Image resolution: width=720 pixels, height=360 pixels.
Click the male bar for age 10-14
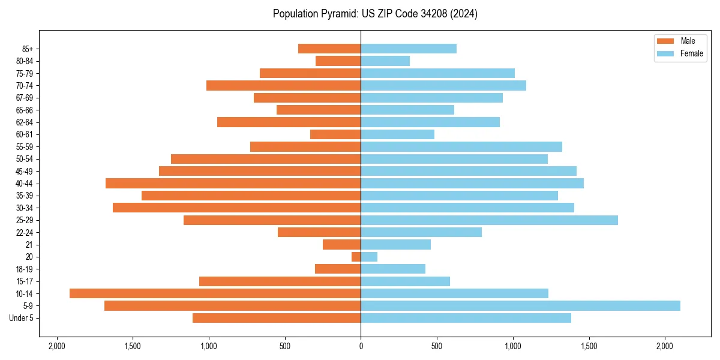(215, 293)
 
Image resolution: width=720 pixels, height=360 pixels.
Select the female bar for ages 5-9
(520, 305)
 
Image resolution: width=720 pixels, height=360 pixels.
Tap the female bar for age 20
(369, 257)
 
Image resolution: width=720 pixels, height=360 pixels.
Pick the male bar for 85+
(329, 49)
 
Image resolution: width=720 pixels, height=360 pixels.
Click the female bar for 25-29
(489, 220)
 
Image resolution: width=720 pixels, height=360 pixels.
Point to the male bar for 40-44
(233, 183)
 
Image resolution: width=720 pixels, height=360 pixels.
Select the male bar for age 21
(342, 245)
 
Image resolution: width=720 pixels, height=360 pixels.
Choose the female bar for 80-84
(385, 61)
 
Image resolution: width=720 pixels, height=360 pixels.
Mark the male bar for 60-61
(335, 134)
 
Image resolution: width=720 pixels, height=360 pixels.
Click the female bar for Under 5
(466, 318)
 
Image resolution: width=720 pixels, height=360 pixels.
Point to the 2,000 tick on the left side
(57, 346)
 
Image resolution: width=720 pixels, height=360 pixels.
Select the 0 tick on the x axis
(361, 346)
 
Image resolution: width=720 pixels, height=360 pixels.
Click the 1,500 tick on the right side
(589, 346)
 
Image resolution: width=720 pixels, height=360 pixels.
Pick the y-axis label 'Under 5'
(22, 318)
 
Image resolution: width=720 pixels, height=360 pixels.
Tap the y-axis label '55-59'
(25, 146)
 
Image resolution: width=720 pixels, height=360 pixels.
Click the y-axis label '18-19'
(25, 269)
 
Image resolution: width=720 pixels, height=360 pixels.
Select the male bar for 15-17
(280, 281)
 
